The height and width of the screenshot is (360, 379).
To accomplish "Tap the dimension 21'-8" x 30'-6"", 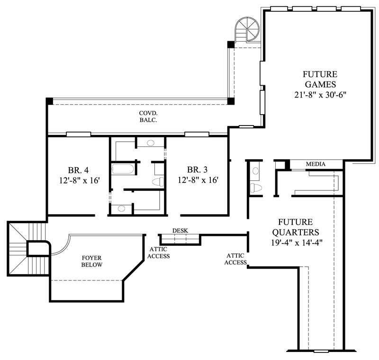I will (x=320, y=94).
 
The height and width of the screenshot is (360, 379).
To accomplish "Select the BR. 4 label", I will (x=76, y=170).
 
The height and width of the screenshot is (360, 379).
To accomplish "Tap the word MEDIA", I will (x=316, y=164).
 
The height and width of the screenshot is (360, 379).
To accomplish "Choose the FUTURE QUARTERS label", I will (x=298, y=227).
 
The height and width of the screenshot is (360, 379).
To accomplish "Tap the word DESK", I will (x=180, y=231).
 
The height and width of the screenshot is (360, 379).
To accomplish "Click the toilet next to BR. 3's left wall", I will (x=158, y=181).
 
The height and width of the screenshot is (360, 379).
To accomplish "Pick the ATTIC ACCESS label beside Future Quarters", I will (x=235, y=259).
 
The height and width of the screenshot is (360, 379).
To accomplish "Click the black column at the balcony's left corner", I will (x=49, y=101).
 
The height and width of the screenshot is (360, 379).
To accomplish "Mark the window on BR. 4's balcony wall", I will (x=78, y=134).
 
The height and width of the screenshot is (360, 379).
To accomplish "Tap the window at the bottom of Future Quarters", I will (x=321, y=351).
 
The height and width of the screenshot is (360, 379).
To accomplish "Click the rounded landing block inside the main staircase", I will (x=37, y=248).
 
